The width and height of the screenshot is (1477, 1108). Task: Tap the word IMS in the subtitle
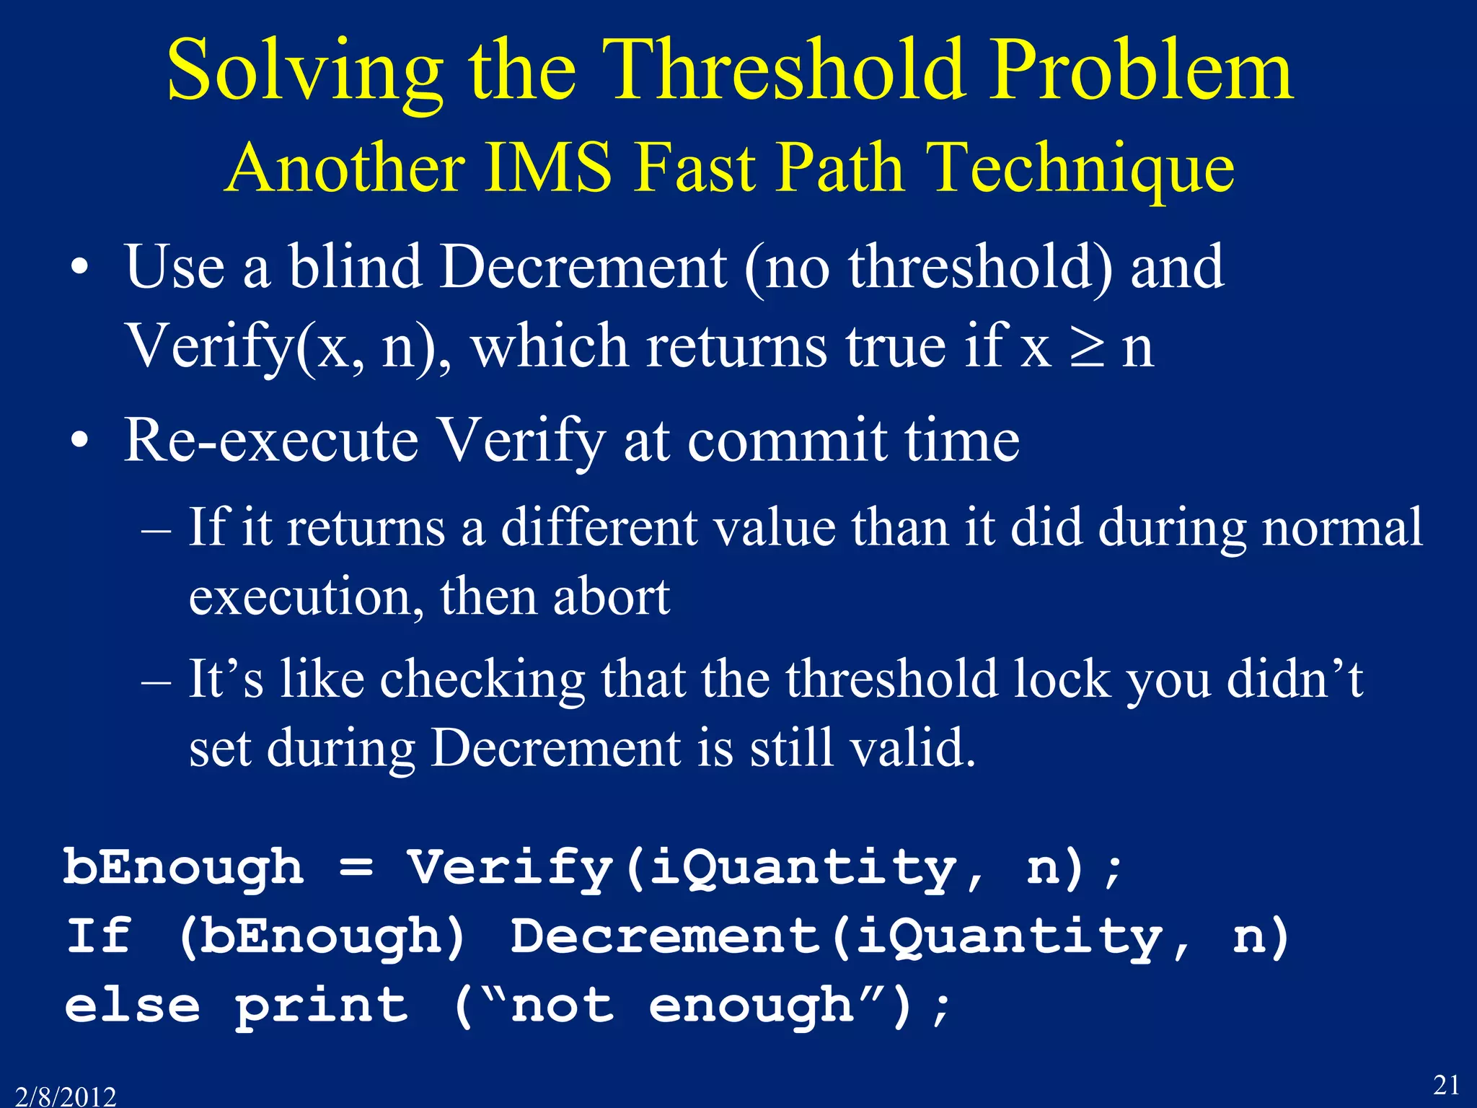point(548,167)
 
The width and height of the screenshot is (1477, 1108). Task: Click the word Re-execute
point(270,441)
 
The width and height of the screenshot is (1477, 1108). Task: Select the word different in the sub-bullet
point(599,527)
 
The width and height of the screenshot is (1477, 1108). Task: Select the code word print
point(322,1006)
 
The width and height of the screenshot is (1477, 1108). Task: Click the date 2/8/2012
point(66,1096)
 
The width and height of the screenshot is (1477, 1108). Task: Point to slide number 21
point(1446,1084)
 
